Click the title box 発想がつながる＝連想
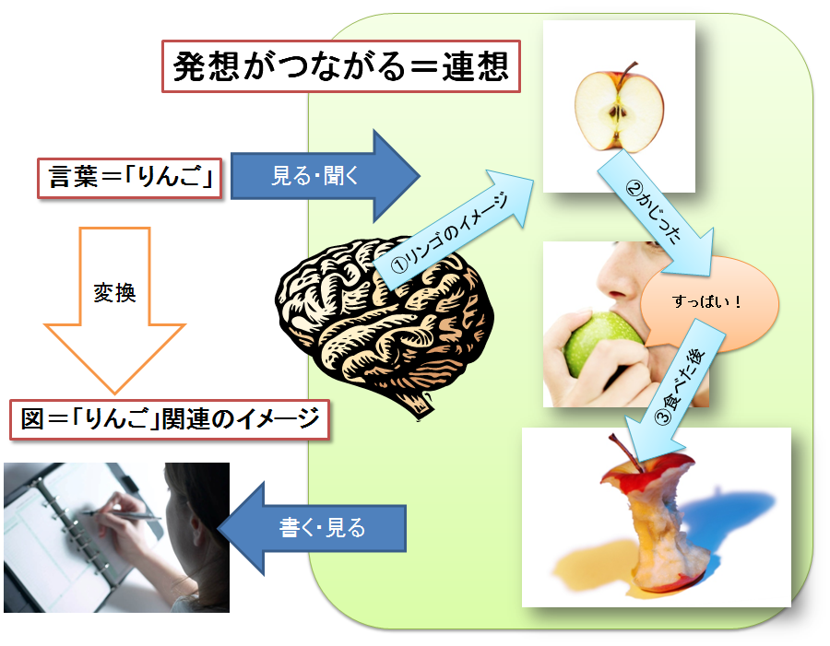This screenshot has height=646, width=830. coord(341,66)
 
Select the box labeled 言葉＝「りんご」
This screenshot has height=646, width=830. coord(130,178)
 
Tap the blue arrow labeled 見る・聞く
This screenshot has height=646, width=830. coord(326,176)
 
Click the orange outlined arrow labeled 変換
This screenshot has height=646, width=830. coord(115,310)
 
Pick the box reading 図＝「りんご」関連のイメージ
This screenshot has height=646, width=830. coord(170,419)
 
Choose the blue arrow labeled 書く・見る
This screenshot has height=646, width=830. coord(313,528)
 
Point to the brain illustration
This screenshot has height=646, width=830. coord(384,323)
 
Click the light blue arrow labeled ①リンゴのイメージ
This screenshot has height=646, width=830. coord(454,229)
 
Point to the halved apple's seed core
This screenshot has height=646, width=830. coord(617,113)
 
